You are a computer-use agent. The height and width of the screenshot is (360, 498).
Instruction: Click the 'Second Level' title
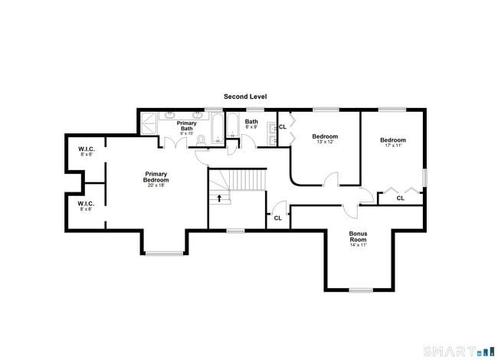245,97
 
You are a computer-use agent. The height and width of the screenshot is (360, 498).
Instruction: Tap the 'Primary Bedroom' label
156,176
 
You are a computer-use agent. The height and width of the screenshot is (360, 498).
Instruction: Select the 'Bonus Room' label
359,236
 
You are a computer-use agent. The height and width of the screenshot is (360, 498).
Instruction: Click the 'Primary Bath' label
186,126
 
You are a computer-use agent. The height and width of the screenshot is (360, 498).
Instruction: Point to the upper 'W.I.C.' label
86,149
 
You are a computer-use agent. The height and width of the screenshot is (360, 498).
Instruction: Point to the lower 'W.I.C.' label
86,203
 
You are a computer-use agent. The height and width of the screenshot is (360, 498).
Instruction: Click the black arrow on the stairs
220,198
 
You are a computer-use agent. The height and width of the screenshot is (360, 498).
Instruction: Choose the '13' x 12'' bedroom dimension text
325,142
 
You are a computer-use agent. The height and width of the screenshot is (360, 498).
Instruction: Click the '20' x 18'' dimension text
156,185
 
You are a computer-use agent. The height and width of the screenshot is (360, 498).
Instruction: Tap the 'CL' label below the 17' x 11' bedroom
400,198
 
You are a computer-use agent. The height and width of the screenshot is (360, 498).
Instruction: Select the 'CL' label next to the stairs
277,218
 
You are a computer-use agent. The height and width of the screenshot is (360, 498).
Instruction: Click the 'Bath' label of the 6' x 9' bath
251,121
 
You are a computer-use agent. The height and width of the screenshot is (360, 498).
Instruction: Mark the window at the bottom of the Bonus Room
360,290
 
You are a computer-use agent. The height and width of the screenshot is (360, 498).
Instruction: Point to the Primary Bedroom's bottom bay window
164,253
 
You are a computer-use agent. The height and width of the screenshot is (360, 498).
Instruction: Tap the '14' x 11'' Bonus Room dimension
359,245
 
